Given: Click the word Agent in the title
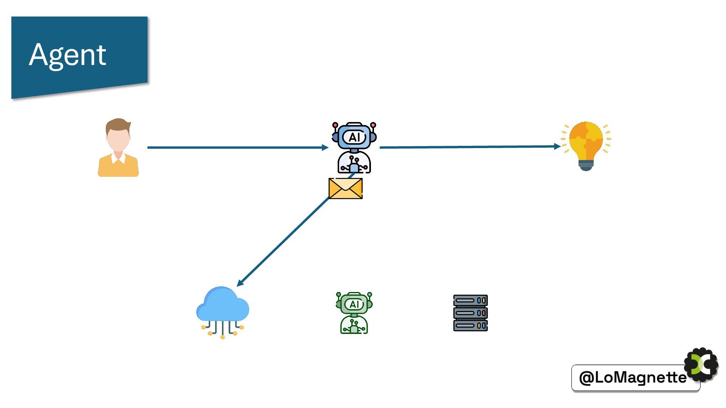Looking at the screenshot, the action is point(68,55).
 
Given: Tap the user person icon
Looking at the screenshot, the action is point(118,148).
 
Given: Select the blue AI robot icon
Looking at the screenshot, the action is point(354,148).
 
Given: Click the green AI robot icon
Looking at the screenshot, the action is point(354,313).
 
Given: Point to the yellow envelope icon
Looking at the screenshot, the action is point(346,189).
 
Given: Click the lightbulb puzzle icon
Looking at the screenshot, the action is point(586,146).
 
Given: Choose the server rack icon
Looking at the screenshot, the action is point(470,313).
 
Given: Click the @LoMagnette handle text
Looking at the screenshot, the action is point(633,377).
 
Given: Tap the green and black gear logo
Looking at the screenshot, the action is point(702,365).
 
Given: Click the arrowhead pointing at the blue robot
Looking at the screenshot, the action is point(325,148).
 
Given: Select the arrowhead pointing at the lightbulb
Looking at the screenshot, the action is point(557,146).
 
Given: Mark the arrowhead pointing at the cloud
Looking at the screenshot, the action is point(240,283).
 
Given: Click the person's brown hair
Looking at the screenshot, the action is point(118,124).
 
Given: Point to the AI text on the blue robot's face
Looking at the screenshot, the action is point(354,137).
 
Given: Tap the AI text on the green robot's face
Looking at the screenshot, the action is point(354,304).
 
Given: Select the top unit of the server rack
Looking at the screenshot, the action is point(470,301).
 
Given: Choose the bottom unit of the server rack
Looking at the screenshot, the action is point(470,325).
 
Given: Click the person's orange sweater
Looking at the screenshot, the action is point(118,168).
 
